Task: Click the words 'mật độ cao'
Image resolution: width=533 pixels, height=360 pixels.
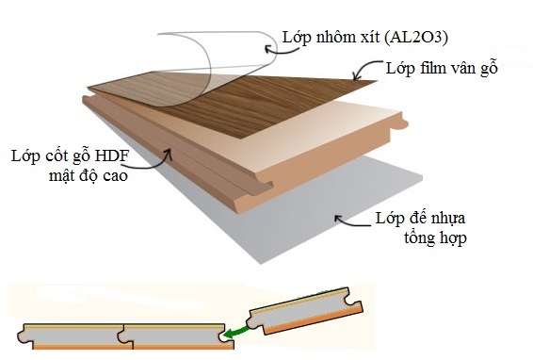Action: pyautogui.click(x=82, y=174)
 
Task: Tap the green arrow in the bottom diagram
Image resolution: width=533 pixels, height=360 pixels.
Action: pyautogui.click(x=238, y=329)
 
